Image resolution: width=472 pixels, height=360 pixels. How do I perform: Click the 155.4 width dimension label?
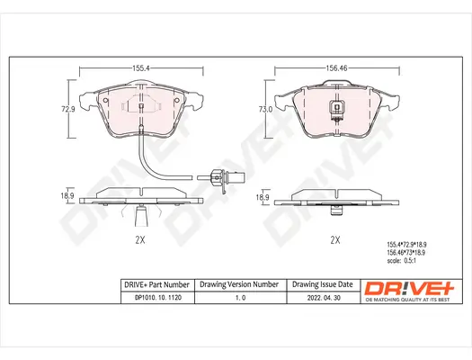pos(141,67)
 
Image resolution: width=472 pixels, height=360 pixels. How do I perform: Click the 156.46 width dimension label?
pos(335,67)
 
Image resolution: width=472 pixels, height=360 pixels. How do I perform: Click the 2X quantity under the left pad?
pos(140,239)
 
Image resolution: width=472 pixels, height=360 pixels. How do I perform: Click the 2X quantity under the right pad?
pos(334,239)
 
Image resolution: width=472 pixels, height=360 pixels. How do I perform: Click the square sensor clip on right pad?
pos(336,112)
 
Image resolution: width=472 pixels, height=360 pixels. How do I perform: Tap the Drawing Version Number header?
pos(239,285)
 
